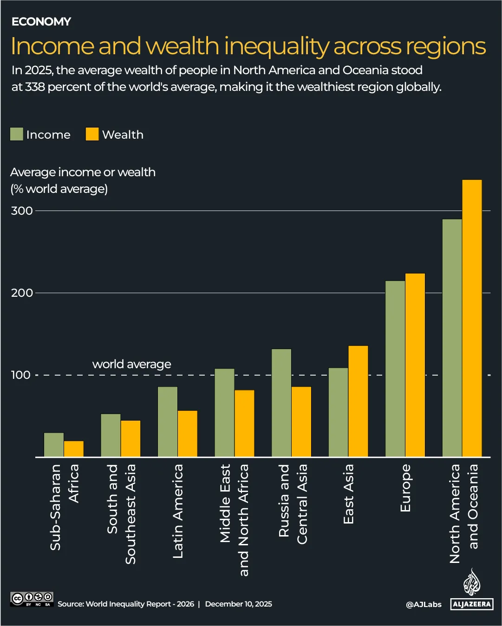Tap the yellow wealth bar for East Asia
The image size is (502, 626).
pyautogui.click(x=358, y=401)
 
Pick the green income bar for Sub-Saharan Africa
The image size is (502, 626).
pyautogui.click(x=54, y=445)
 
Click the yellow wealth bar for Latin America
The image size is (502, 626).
pyautogui.click(x=188, y=434)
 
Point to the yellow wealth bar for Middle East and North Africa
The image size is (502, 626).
pyautogui.click(x=244, y=423)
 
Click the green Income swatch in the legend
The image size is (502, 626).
pyautogui.click(x=17, y=134)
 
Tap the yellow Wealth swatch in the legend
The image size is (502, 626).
pyautogui.click(x=92, y=134)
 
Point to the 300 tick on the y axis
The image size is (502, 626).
pyautogui.click(x=22, y=211)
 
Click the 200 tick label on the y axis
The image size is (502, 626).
pyautogui.click(x=22, y=293)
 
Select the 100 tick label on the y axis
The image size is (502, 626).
pyautogui.click(x=21, y=375)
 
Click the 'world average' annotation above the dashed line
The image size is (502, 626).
pyautogui.click(x=131, y=364)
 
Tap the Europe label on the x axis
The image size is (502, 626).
pyautogui.click(x=405, y=488)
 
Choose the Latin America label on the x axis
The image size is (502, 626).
pyautogui.click(x=178, y=511)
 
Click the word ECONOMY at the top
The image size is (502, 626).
pyautogui.click(x=41, y=21)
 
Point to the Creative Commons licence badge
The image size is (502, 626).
pyautogui.click(x=32, y=599)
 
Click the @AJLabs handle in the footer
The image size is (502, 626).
pyautogui.click(x=424, y=604)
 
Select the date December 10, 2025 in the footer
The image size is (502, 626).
pyautogui.click(x=238, y=604)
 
